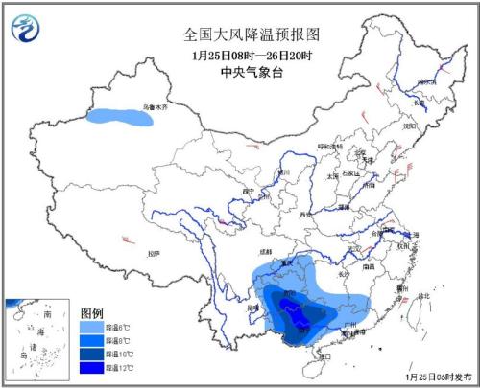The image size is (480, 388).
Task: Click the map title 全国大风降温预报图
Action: click(252, 34)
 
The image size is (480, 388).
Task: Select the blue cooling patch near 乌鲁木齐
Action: click(120, 118)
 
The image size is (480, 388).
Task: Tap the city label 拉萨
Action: click(153, 253)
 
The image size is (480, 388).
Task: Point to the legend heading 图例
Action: click(91, 313)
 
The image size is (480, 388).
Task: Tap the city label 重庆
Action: click(285, 262)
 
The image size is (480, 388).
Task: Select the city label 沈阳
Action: click(410, 126)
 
